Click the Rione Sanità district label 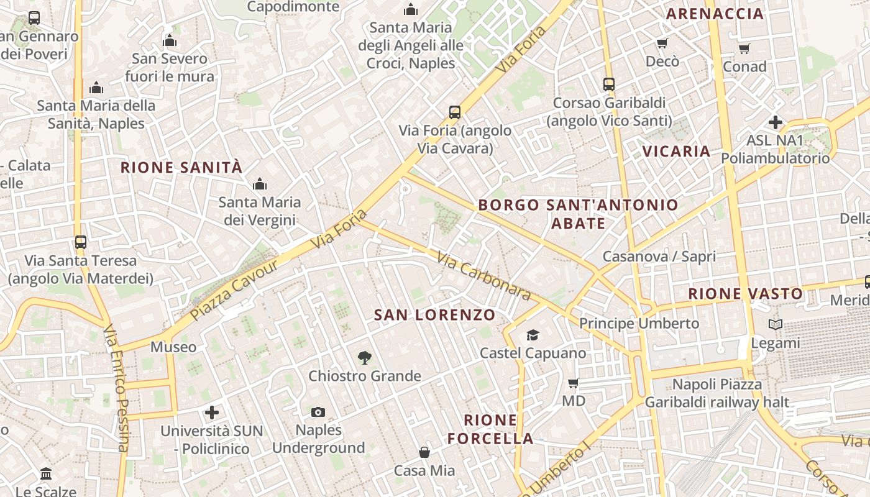[181, 167]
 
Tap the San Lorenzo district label [434, 315]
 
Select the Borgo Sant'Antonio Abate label [578, 214]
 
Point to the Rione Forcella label [490, 429]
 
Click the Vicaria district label [676, 151]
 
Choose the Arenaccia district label [715, 14]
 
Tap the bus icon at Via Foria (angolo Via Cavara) [455, 112]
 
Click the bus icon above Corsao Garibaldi [609, 84]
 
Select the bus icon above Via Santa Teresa [80, 242]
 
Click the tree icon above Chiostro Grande [365, 357]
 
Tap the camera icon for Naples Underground [318, 412]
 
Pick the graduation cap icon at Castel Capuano [533, 335]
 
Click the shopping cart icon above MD [574, 383]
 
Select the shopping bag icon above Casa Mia [424, 452]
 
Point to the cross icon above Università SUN [212, 413]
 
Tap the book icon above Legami [776, 324]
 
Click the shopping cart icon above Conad [744, 48]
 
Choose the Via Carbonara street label [483, 276]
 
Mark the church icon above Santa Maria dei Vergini [260, 184]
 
